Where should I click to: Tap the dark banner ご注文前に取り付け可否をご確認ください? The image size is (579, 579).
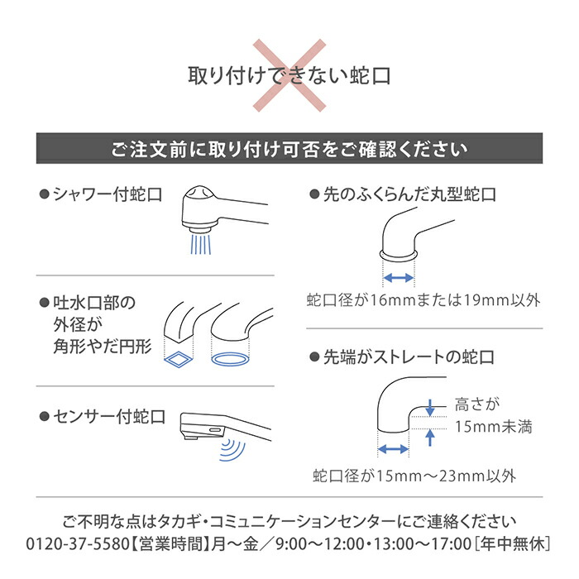pos(289,150)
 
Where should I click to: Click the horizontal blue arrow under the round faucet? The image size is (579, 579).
pos(399,277)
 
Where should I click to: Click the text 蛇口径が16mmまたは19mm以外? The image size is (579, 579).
pos(423,300)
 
